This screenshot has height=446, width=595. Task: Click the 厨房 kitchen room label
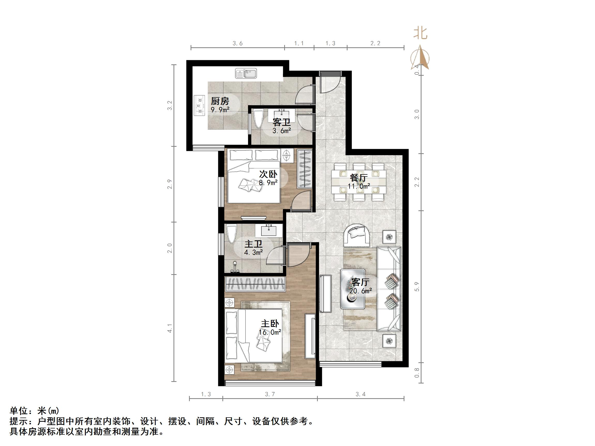pyautogui.click(x=220, y=101)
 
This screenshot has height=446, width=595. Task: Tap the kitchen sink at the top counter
pyautogui.click(x=246, y=73)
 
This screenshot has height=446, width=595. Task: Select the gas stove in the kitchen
pyautogui.click(x=199, y=105)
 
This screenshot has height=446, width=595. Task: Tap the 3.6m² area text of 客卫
pyautogui.click(x=282, y=131)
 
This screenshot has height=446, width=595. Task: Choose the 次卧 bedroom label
pyautogui.click(x=268, y=174)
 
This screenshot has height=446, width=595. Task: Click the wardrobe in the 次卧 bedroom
pyautogui.click(x=305, y=169)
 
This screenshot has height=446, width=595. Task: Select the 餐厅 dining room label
pyautogui.click(x=359, y=178)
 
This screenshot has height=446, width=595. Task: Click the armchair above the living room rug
pyautogui.click(x=357, y=236)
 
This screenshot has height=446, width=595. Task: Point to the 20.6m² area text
pyautogui.click(x=360, y=291)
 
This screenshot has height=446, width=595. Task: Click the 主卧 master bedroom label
pyautogui.click(x=270, y=324)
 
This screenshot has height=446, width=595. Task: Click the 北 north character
pyautogui.click(x=420, y=34)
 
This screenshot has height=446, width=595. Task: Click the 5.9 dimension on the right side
pyautogui.click(x=417, y=287)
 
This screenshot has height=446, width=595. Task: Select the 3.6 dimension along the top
pyautogui.click(x=238, y=43)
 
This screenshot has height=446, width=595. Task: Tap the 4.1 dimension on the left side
pyautogui.click(x=169, y=328)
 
